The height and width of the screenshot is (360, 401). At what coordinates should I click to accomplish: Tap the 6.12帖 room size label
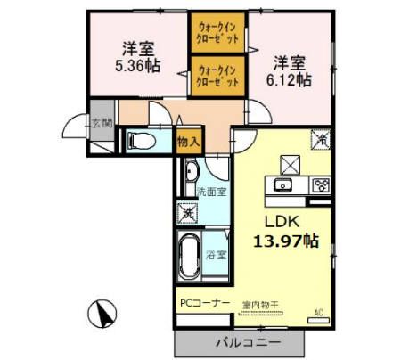(x=291, y=79)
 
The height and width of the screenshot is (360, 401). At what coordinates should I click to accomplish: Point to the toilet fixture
(x=142, y=139)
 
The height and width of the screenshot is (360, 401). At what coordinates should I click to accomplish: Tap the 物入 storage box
(x=188, y=140)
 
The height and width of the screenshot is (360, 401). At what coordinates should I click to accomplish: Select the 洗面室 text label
(x=212, y=191)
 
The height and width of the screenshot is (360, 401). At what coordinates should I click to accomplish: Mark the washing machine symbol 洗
(x=189, y=212)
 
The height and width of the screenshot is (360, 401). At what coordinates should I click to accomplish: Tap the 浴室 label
(x=217, y=255)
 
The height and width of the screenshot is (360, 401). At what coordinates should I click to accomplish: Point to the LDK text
(x=278, y=222)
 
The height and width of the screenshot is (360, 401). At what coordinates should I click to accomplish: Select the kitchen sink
(x=282, y=185)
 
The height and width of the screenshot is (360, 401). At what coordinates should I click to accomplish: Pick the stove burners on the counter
(x=321, y=185)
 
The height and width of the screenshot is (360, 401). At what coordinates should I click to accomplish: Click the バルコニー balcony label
(x=247, y=342)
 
